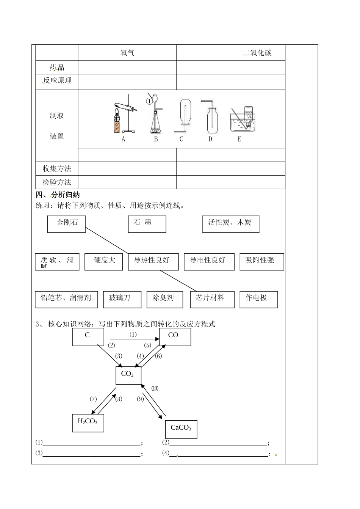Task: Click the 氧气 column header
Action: click(127, 53)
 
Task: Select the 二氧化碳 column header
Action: click(257, 53)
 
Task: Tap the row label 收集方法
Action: click(57, 168)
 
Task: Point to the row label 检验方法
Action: click(57, 182)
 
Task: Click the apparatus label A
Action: click(123, 139)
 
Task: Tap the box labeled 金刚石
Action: click(67, 224)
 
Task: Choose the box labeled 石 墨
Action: click(147, 224)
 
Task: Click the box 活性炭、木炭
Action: click(230, 224)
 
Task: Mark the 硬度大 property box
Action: click(103, 261)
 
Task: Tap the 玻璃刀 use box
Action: click(122, 299)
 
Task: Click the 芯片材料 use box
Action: click(212, 299)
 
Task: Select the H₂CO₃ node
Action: click(88, 423)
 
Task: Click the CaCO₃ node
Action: click(181, 429)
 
